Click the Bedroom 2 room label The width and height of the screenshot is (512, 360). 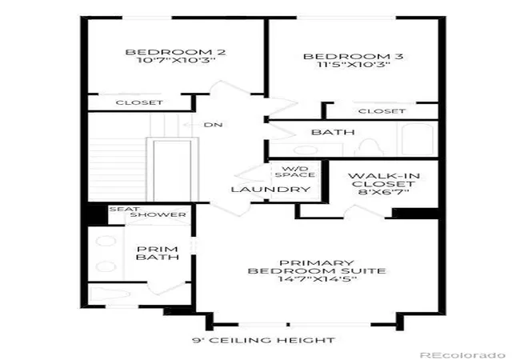pyautogui.click(x=176, y=52)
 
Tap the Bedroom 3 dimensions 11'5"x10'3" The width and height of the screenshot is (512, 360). pyautogui.click(x=354, y=64)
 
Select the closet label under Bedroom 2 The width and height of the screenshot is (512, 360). pyautogui.click(x=139, y=102)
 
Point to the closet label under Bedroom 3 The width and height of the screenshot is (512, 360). pyautogui.click(x=382, y=111)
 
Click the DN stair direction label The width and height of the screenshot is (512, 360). pyautogui.click(x=214, y=125)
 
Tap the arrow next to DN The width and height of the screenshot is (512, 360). pyautogui.click(x=191, y=125)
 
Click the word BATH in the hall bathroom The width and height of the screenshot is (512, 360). pyautogui.click(x=333, y=132)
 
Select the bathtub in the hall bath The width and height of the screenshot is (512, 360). pyautogui.click(x=418, y=140)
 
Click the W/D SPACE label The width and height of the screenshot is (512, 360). pyautogui.click(x=295, y=172)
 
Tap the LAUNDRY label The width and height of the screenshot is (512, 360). pyautogui.click(x=270, y=190)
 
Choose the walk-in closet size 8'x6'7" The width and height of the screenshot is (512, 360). pyautogui.click(x=384, y=192)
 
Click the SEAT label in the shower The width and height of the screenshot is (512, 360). pyautogui.click(x=125, y=209)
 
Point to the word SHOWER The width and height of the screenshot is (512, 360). pyautogui.click(x=158, y=215)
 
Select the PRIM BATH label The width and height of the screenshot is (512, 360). pyautogui.click(x=158, y=253)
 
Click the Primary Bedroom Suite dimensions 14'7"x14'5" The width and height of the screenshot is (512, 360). pyautogui.click(x=317, y=279)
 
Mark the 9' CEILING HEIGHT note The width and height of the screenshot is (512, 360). pyautogui.click(x=263, y=340)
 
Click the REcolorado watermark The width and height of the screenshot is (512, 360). pyautogui.click(x=462, y=355)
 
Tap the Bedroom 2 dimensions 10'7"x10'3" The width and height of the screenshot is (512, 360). pyautogui.click(x=176, y=61)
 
